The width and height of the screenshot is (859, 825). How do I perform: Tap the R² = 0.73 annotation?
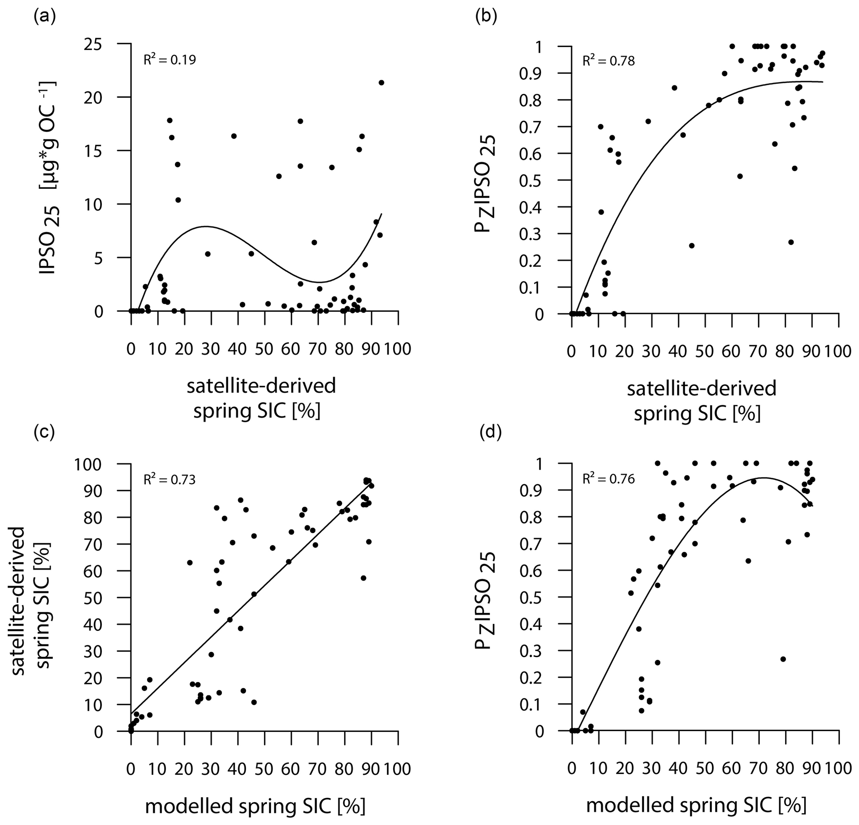point(170,479)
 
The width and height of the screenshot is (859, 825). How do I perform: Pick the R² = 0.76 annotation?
point(608,479)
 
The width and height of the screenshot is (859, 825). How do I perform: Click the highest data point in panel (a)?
point(381,82)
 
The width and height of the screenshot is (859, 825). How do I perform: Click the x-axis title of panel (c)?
point(255,806)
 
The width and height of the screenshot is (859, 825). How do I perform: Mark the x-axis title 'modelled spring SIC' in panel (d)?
point(696,806)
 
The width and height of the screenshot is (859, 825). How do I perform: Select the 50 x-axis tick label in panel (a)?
point(264,350)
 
